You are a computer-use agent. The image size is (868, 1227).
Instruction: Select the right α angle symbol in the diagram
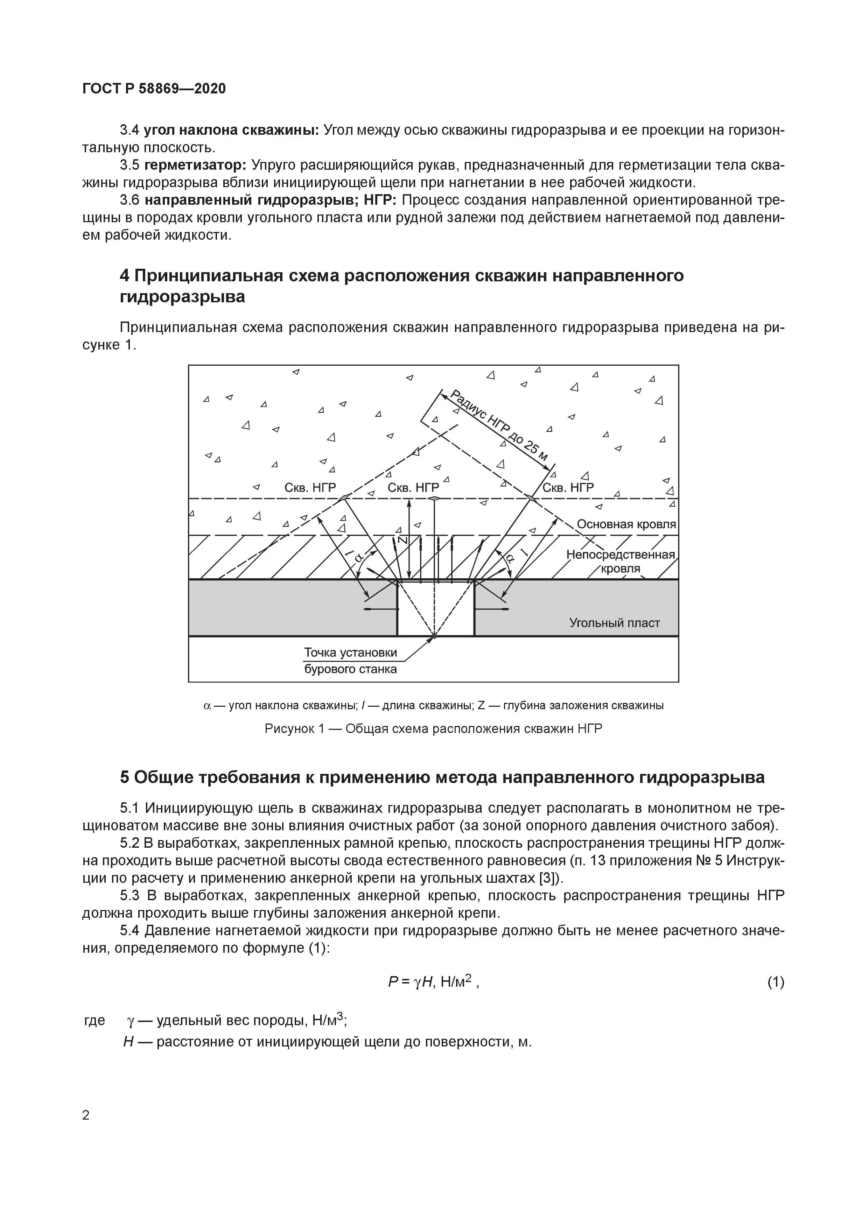pos(509,558)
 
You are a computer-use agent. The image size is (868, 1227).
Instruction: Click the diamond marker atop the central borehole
pos(435,498)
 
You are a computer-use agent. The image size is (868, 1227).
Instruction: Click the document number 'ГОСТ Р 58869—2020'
pos(154,89)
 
